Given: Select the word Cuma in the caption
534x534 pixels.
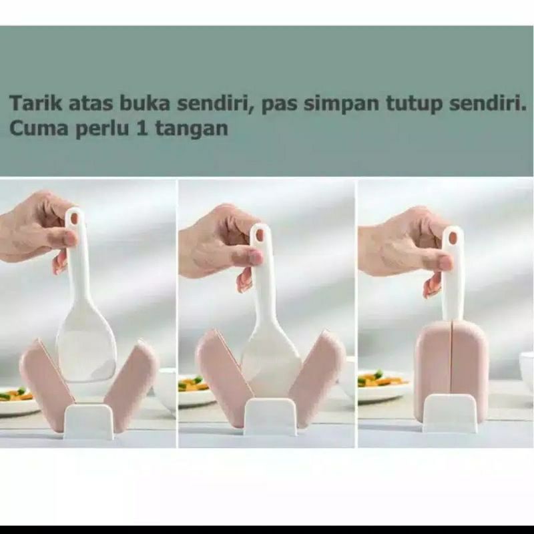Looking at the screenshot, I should click(34, 127).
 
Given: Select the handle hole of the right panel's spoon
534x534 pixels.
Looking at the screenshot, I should click(453, 237).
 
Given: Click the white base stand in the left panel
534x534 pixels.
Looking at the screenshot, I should click(89, 421).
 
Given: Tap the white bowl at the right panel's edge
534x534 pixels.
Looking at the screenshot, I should click(527, 371).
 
